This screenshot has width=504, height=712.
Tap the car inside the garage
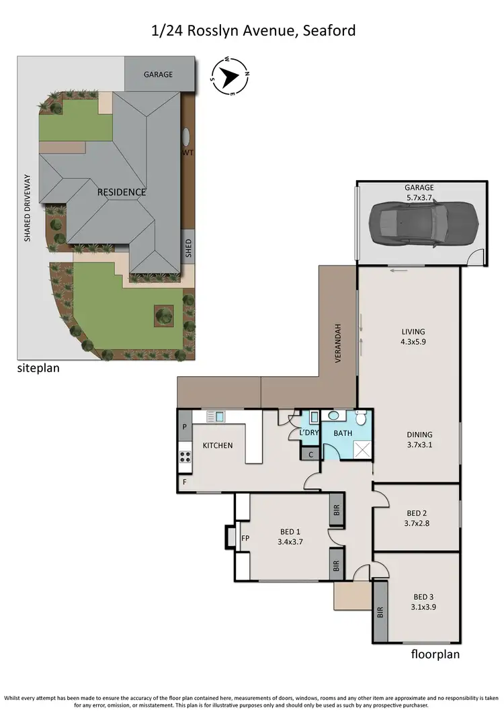423,222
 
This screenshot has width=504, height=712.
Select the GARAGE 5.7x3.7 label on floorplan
419,193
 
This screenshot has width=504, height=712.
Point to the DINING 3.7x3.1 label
419,439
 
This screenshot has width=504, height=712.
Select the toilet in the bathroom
361,420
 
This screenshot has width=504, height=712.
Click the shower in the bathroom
362,450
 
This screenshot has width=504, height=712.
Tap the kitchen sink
215,416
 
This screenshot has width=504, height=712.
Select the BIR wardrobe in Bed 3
380,611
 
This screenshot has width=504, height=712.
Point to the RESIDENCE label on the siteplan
122,192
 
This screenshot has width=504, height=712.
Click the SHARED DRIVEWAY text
28,208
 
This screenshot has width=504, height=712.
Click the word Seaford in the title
329,30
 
